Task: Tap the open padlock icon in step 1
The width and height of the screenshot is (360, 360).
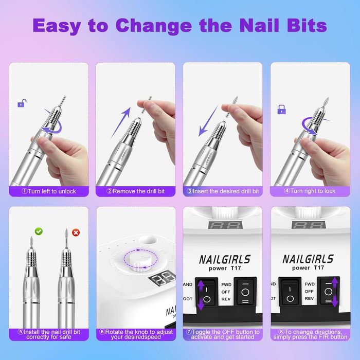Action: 21,103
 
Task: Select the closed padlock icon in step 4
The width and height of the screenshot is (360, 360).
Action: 281,109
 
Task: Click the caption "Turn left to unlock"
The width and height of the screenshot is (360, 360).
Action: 49,191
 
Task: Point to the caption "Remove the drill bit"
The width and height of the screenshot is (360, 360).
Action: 136,191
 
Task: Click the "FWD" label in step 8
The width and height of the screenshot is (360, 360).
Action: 309,283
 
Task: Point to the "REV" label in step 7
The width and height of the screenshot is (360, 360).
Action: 222,298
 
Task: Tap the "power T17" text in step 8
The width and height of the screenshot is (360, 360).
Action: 309,268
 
